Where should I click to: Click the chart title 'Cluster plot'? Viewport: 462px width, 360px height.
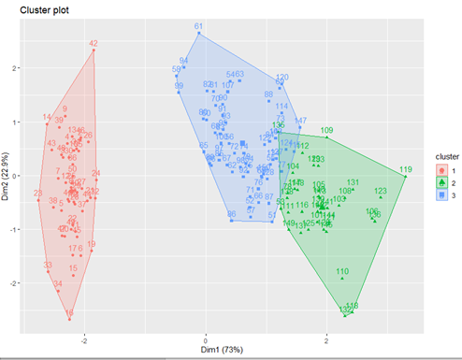pyautogui.click(x=31, y=8)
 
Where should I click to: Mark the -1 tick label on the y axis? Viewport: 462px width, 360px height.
pyautogui.click(x=15, y=229)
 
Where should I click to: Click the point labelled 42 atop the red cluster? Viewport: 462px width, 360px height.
pyautogui.click(x=94, y=50)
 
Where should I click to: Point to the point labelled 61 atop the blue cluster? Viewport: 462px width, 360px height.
pyautogui.click(x=198, y=33)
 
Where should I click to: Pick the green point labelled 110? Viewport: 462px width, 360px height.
pyautogui.click(x=342, y=278)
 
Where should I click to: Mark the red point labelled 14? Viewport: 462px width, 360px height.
pyautogui.click(x=47, y=123)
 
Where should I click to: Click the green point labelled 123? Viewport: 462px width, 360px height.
pyautogui.click(x=380, y=197)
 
